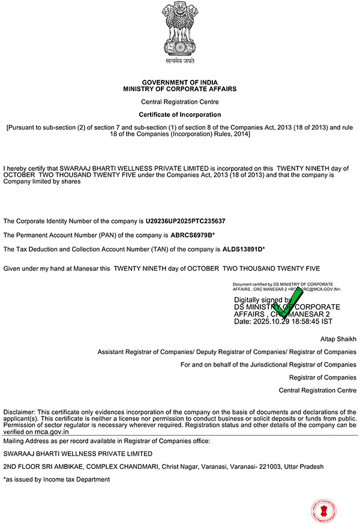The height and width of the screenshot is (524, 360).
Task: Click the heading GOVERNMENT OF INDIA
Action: (x=180, y=82)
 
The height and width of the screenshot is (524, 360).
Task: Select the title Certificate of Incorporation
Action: (x=180, y=114)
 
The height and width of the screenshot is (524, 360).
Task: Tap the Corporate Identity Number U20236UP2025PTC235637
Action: (x=185, y=221)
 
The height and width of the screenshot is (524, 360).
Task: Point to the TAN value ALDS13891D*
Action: (x=244, y=248)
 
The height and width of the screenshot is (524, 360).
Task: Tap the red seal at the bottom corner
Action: (x=322, y=510)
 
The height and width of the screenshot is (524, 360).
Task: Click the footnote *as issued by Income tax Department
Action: (x=56, y=480)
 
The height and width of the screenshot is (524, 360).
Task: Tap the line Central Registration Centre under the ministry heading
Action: (x=180, y=102)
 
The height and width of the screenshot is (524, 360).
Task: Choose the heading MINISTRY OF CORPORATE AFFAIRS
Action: (x=180, y=89)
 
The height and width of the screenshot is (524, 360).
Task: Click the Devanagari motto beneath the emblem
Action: (x=180, y=61)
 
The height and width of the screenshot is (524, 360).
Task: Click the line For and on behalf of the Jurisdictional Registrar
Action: (x=268, y=364)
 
